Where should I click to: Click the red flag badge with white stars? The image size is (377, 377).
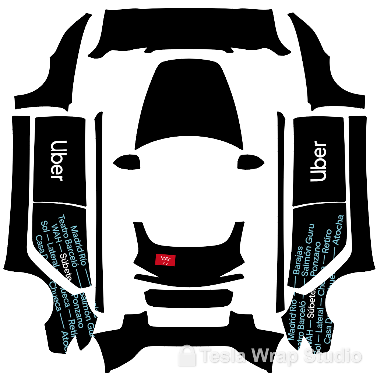(165, 260)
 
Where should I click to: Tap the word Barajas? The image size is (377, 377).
(298, 260)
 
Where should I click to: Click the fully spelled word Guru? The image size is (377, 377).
(310, 232)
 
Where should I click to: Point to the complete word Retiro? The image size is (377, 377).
(327, 241)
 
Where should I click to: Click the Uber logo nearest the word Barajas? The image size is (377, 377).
(318, 161)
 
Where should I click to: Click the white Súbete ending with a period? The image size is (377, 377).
(312, 303)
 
